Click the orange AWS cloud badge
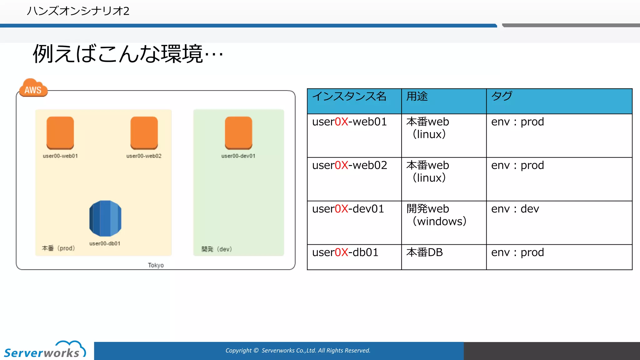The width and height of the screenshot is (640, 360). tap(33, 88)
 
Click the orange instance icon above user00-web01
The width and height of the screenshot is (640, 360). tap(60, 133)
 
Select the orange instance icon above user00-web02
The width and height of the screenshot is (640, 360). tap(144, 133)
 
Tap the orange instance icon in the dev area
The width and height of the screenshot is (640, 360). tap(238, 133)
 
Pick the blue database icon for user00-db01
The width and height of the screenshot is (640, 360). tap(105, 218)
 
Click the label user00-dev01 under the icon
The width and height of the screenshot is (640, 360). tap(238, 156)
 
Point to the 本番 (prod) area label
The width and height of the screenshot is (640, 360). tap(58, 248)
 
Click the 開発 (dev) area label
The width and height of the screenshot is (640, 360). tap(217, 249)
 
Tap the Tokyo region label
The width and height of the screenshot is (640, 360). tap(156, 265)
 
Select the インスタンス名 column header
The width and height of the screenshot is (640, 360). tap(349, 96)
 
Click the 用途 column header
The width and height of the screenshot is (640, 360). tap(417, 96)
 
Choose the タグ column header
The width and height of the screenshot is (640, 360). tap(502, 96)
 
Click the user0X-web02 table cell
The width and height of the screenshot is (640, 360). tap(350, 165)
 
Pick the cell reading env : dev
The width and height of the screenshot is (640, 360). tap(515, 209)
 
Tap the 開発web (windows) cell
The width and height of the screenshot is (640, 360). tap(437, 215)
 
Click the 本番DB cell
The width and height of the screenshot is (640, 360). tap(425, 252)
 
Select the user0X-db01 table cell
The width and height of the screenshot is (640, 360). tap(345, 252)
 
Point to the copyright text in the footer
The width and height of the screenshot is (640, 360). tap(298, 351)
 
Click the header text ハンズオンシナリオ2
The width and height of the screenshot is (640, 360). tap(78, 11)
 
